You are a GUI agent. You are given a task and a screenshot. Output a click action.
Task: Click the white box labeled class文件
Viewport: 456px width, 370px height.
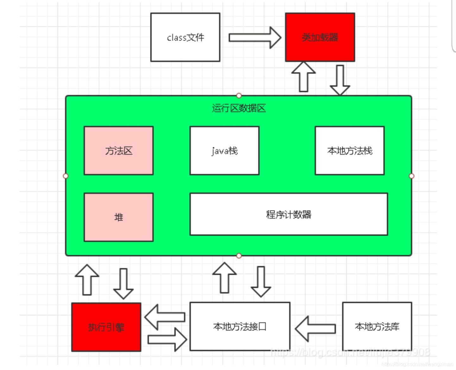point(185,37)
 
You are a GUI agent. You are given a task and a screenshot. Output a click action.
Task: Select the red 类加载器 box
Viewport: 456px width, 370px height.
point(320,37)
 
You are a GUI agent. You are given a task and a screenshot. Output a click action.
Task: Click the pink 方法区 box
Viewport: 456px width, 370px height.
point(119,151)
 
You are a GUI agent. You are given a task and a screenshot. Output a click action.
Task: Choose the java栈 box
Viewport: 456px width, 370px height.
point(225,151)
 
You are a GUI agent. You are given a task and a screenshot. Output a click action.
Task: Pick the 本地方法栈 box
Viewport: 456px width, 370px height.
point(350,151)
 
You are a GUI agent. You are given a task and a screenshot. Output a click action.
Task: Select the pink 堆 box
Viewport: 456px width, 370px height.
point(119,217)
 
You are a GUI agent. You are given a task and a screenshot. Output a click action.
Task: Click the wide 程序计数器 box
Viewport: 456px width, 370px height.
point(288,214)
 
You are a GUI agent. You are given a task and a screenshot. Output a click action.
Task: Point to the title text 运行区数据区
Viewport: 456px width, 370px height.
point(239,108)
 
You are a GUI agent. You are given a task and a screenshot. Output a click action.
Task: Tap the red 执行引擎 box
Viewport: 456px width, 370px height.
point(106,327)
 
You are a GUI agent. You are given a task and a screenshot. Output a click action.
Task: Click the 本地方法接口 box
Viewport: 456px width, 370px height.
point(240,326)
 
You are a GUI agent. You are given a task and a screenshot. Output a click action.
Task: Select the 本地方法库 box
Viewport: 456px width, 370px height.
point(377,326)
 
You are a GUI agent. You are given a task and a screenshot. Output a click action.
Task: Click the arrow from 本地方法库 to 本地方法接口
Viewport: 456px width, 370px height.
point(315,329)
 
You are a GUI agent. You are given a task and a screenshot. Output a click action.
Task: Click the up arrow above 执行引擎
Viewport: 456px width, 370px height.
point(87,280)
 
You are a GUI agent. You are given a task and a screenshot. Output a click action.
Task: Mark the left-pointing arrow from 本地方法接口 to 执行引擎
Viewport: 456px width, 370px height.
point(165,317)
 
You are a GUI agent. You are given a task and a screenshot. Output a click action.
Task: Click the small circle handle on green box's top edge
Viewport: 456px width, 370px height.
point(239,96)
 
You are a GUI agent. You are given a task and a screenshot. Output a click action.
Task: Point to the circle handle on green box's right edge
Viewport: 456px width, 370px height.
point(411,176)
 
